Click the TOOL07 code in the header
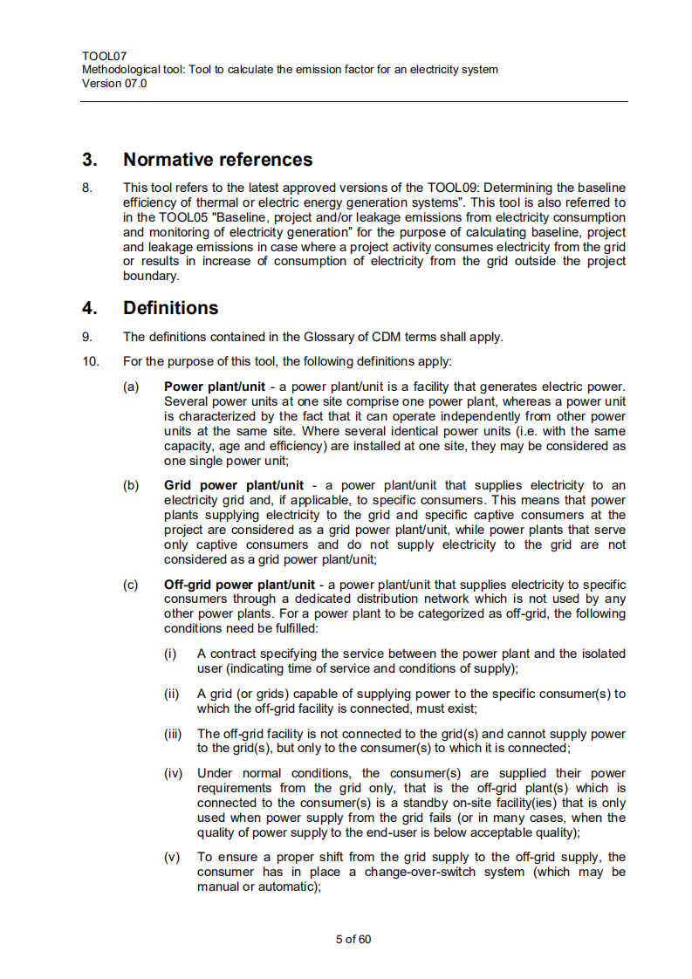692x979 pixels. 103,56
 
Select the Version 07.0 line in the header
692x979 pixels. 114,84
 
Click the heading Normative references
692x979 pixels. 217,160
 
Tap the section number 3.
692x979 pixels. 89,160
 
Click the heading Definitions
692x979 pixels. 170,308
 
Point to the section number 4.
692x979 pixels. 89,308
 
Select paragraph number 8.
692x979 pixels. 86,188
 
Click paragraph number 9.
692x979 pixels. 86,337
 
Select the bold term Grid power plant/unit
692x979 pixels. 234,485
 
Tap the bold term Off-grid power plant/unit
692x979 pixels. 239,585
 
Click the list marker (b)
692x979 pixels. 131,485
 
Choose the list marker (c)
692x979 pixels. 131,585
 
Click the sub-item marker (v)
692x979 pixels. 173,858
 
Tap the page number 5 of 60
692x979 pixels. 353,940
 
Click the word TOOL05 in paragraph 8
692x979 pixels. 171,217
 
